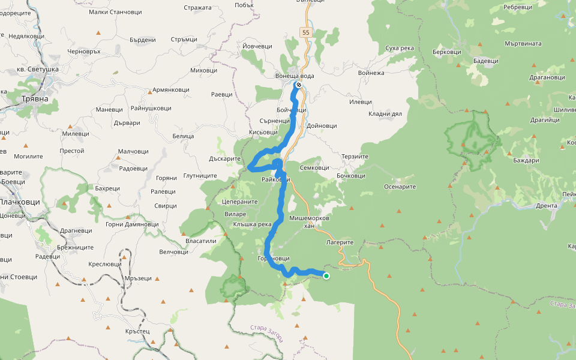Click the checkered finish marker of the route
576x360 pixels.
[x=298, y=85]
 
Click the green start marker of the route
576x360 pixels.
[x=326, y=276]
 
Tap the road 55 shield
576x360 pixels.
[x=306, y=32]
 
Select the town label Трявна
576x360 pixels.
[x=30, y=98]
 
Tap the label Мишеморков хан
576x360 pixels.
[x=309, y=222]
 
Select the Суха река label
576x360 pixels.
[x=400, y=47]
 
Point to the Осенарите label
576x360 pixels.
[x=400, y=187]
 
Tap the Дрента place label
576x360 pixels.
[x=547, y=206]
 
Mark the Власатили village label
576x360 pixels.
[x=201, y=241]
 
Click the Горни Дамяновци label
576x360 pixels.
[x=131, y=224]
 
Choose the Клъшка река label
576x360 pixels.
[x=253, y=224]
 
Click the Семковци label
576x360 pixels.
[x=314, y=168]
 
